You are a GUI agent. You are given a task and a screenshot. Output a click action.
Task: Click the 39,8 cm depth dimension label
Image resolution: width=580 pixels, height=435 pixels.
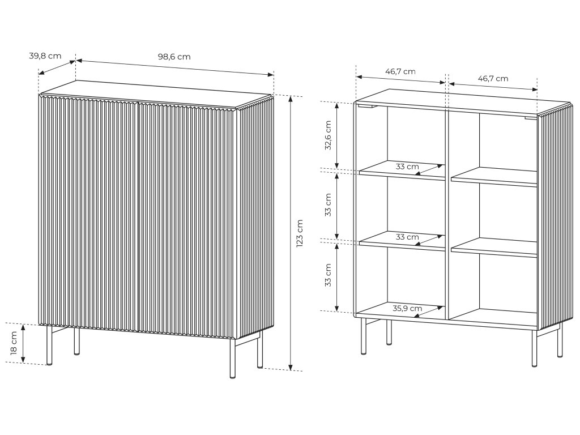click(x=45, y=56)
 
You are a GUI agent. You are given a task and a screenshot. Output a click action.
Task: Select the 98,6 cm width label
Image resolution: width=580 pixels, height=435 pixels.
click(x=174, y=57)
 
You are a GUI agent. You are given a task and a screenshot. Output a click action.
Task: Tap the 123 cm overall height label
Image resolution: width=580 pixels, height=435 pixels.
click(x=300, y=233)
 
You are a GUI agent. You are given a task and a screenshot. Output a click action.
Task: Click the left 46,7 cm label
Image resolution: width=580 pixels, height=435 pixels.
click(x=400, y=71)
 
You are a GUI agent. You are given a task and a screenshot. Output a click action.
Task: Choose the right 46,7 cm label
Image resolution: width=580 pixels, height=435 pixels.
click(x=493, y=78)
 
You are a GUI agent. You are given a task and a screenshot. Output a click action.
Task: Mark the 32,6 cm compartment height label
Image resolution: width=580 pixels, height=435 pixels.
click(x=328, y=136)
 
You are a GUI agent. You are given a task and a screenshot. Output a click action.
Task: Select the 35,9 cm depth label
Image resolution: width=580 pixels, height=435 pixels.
click(x=407, y=309)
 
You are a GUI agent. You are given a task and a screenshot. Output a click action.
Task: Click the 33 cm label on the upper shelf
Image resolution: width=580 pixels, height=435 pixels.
click(x=407, y=167)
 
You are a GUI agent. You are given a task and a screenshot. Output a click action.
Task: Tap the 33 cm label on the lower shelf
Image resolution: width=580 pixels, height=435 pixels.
click(x=407, y=237)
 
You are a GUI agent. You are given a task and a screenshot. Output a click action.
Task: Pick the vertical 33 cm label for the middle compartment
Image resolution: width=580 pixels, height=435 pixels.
click(x=328, y=206)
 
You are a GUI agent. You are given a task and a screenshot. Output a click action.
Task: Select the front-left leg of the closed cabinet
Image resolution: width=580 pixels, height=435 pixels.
click(x=49, y=345)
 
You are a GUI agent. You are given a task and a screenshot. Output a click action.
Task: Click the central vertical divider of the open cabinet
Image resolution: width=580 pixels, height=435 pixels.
click(x=447, y=215)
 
